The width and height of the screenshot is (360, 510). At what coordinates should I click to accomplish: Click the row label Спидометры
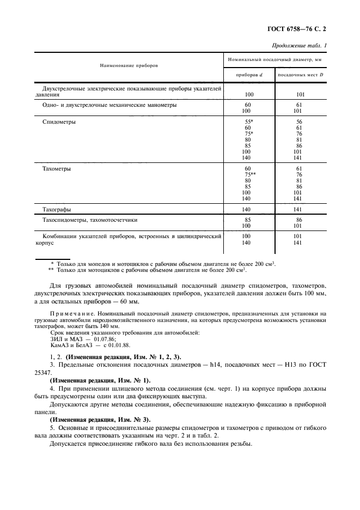[x=59, y=122]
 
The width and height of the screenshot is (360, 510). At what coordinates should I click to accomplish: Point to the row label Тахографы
[x=57, y=209]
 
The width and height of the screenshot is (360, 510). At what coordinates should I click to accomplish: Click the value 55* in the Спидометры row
[x=249, y=122]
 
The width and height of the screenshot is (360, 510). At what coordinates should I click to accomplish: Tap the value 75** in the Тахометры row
[x=250, y=175]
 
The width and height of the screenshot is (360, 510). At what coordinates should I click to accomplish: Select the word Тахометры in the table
[x=57, y=169]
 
